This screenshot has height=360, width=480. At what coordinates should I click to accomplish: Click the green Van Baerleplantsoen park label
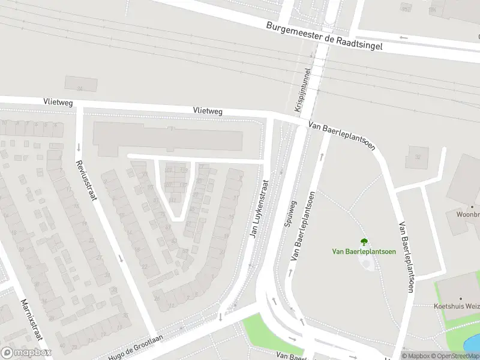click(x=364, y=251)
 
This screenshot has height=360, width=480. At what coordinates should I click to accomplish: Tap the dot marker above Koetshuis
click(x=461, y=298)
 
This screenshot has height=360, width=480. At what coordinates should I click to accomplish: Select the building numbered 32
click(x=418, y=157)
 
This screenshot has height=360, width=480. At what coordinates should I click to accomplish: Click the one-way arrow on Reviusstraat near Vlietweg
click(x=79, y=147)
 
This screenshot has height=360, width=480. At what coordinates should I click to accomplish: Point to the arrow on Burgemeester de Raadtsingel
click(x=404, y=38)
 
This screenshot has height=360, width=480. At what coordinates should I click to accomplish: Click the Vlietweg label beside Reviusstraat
click(x=58, y=103)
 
